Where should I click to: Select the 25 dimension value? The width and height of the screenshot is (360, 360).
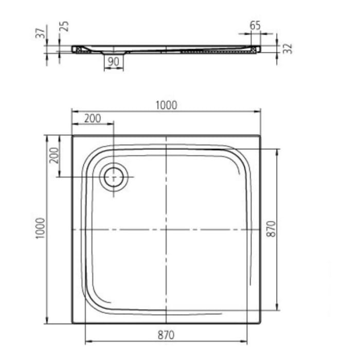tap(65, 26)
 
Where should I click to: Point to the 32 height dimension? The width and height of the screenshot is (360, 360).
tap(289, 48)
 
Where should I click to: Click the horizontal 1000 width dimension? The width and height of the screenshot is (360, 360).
tap(166, 105)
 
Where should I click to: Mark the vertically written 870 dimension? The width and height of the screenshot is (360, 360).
tap(273, 229)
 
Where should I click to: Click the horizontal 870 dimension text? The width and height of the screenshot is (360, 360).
tap(166, 335)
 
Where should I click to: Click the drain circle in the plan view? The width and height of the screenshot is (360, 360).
tap(114, 177)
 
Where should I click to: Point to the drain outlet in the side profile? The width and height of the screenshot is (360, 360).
tap(114, 52)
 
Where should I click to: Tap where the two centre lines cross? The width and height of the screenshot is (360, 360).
tap(166, 229)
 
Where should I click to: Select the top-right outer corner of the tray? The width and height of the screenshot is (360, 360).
tap(260, 136)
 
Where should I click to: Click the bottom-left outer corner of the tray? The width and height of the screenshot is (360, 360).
tap(72, 323)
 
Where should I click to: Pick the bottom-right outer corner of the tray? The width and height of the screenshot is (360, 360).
tap(260, 323)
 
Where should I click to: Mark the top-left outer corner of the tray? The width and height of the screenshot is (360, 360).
tap(72, 136)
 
